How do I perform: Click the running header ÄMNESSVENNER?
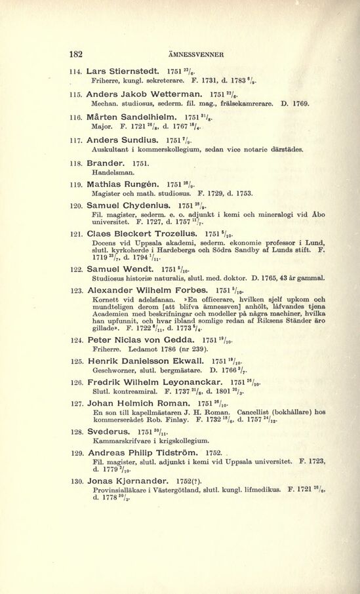pos(197,54)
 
